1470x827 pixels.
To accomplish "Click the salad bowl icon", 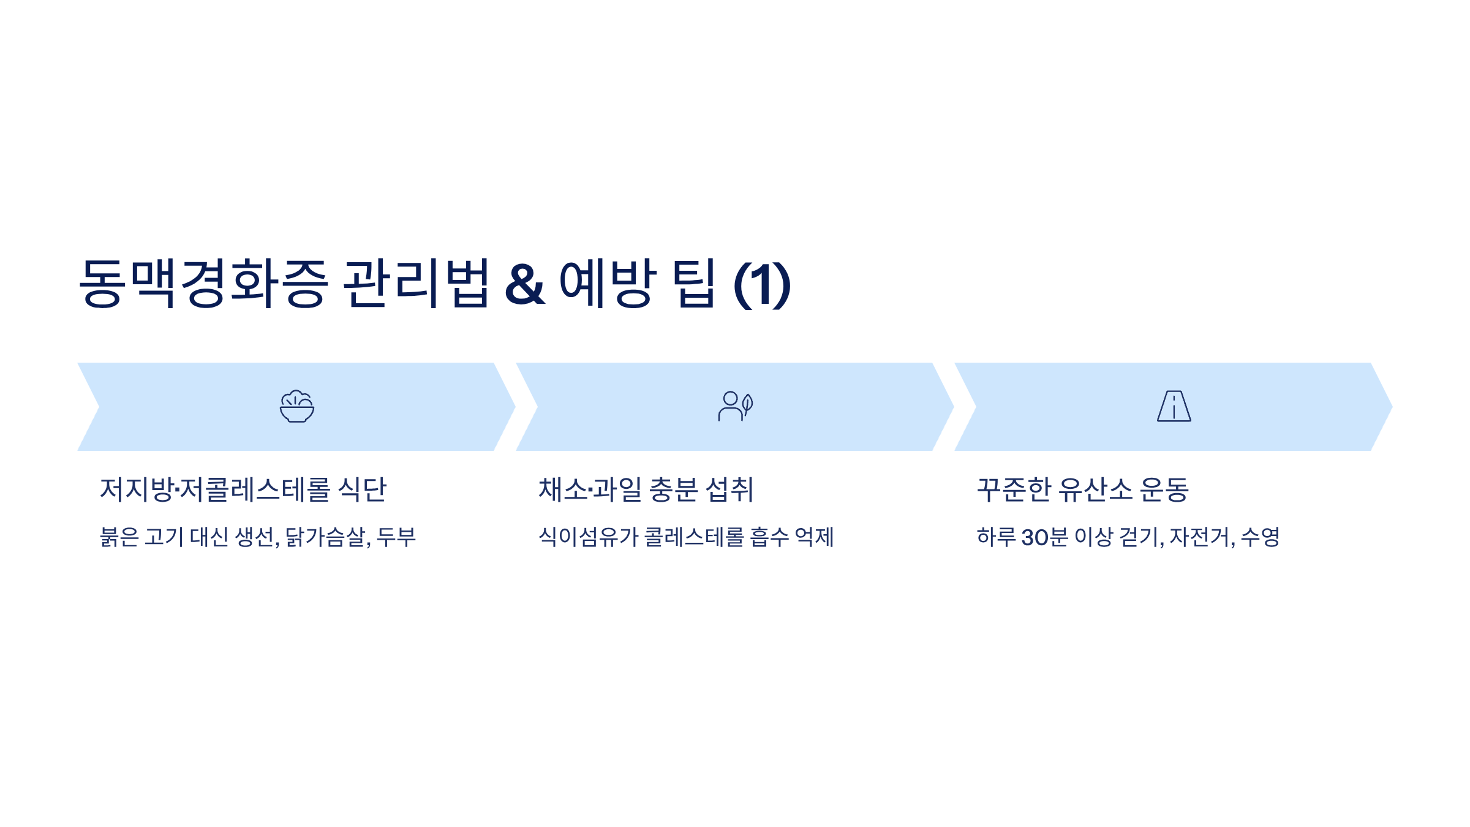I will [297, 406].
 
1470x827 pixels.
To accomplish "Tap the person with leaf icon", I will [735, 406].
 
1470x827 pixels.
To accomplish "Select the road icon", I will [1174, 406].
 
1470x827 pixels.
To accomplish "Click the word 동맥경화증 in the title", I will [204, 283].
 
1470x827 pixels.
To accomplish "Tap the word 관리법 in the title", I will [417, 283].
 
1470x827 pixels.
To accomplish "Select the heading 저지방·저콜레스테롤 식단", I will [243, 489].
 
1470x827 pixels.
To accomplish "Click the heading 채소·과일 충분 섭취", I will [646, 489].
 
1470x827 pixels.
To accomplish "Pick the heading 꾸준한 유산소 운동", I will [1082, 489].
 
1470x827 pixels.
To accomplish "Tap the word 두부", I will [396, 537].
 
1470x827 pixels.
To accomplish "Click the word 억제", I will [814, 537].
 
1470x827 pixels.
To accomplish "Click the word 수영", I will [1261, 537].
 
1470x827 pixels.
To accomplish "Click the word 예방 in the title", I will [608, 283].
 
